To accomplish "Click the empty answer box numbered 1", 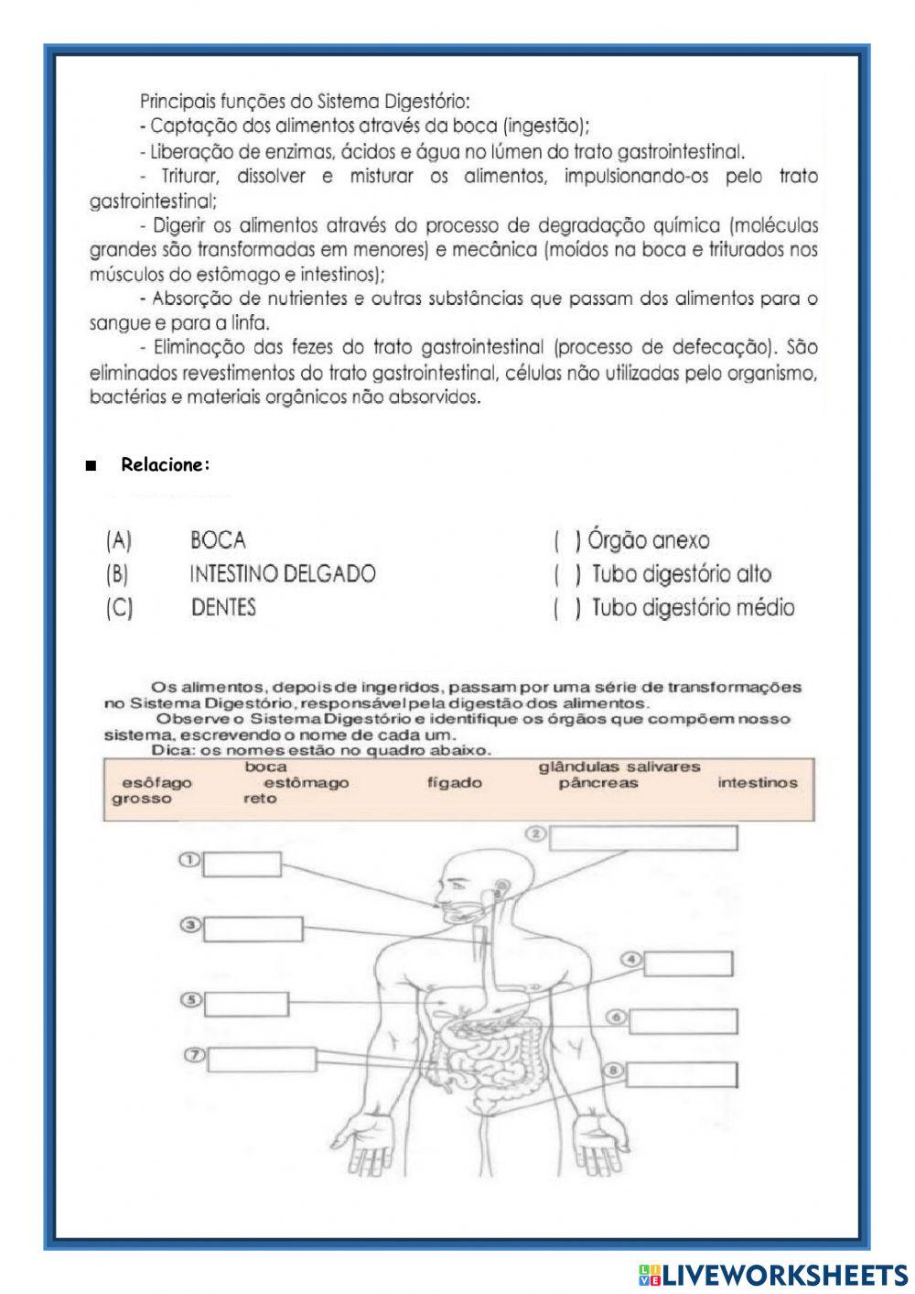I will click(x=244, y=864).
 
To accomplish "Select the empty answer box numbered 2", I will click(x=643, y=837).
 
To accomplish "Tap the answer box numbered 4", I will click(x=688, y=964).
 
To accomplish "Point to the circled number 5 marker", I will click(x=189, y=1000).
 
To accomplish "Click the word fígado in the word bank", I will click(x=454, y=783).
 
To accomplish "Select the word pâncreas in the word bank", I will click(x=597, y=783).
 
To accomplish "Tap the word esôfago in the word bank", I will click(x=156, y=783).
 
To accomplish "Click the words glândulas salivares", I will click(x=619, y=767).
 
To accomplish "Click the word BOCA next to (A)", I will click(x=218, y=540).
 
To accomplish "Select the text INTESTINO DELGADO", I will click(x=282, y=574).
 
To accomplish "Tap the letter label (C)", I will click(x=120, y=608).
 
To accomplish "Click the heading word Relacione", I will click(x=165, y=465).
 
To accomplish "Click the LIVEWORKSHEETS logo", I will click(x=772, y=1274).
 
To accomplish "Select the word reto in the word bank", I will click(x=260, y=799).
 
